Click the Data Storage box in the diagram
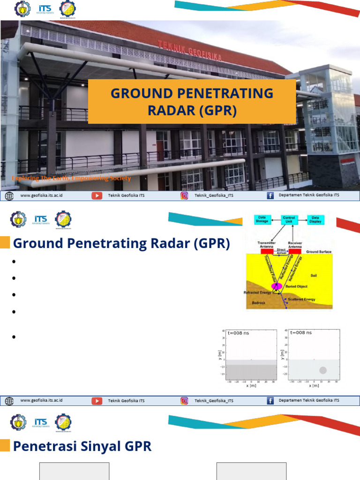[x=262, y=219]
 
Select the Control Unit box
[x=288, y=219]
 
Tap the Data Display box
[x=315, y=219]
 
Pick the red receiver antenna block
[x=295, y=251]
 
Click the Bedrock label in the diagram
[x=259, y=303]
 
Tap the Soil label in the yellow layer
[x=314, y=276]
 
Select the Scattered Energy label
[x=301, y=299]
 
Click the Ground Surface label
[x=319, y=252]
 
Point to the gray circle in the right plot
[x=322, y=370]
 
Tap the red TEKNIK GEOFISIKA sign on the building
[x=189, y=51]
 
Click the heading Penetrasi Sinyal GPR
[x=82, y=446]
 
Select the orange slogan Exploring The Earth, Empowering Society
[x=71, y=178]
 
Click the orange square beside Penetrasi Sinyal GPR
[x=5, y=446]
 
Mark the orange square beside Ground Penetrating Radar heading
[x=5, y=243]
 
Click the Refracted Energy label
[x=257, y=292]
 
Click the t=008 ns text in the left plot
[x=238, y=333]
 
